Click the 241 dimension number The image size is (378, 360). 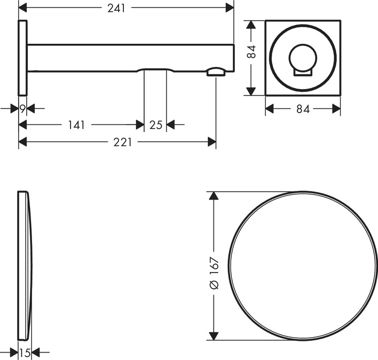coord(116,9)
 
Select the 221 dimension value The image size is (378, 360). coord(123,142)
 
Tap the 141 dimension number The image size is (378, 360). coord(77,125)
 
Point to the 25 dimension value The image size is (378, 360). coord(156,125)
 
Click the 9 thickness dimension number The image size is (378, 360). coord(22,109)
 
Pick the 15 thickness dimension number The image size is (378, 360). coord(25,353)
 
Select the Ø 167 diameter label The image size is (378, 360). coord(214,273)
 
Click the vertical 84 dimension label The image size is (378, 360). coord(251,52)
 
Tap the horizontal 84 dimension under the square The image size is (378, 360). coord(303,109)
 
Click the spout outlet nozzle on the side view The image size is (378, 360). coord(216,72)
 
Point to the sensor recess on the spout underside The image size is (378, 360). coord(155,70)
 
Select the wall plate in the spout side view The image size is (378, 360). coord(22,58)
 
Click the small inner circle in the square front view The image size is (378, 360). coord(303,58)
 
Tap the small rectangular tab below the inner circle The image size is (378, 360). coord(303,73)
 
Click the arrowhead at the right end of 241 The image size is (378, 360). coord(230,8)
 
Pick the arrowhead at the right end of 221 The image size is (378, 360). coord(211,142)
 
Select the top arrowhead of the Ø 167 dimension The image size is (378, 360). coord(214,196)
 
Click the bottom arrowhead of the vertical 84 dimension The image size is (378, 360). coord(251,92)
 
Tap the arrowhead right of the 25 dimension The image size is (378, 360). coord(170,125)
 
